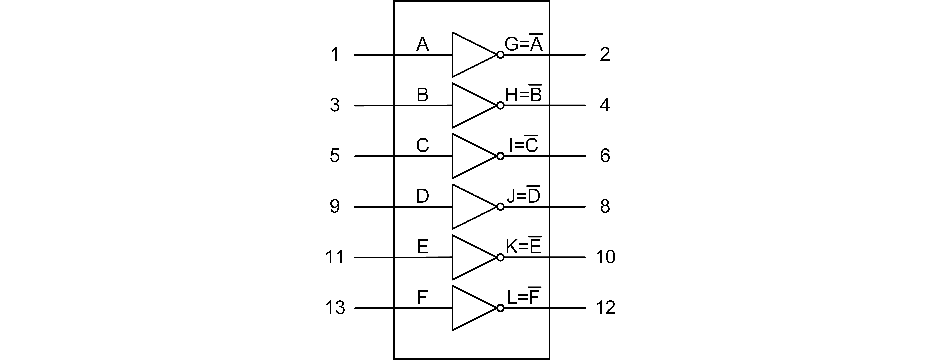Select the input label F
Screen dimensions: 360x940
[422, 298]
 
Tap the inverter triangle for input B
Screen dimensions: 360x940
[471, 105]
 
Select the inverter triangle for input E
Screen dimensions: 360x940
[471, 257]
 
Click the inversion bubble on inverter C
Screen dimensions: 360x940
[500, 156]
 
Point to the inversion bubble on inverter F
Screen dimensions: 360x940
[500, 308]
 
